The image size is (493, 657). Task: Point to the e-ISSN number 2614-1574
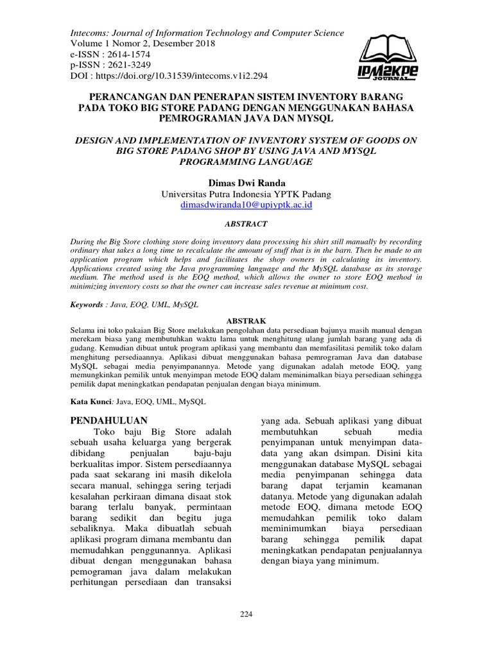point(128,55)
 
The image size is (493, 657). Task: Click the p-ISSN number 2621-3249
point(128,65)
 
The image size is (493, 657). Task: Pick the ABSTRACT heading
point(246,224)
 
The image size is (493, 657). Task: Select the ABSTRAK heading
point(246,320)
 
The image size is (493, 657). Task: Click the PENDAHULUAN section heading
point(108,420)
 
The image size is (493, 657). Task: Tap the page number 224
point(246,614)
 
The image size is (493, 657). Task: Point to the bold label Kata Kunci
point(91,401)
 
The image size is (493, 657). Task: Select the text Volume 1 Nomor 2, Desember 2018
point(142,44)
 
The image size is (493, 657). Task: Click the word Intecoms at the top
point(89,33)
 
